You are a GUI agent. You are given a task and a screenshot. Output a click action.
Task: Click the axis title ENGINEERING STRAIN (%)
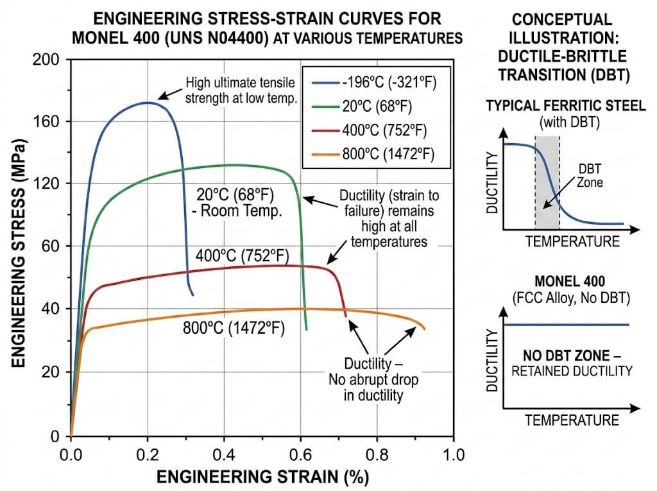pyautogui.click(x=263, y=477)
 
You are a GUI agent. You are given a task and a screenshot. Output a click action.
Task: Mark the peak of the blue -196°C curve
pyautogui.click(x=147, y=102)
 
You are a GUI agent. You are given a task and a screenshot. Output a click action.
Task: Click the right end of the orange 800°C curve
pyautogui.click(x=424, y=329)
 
